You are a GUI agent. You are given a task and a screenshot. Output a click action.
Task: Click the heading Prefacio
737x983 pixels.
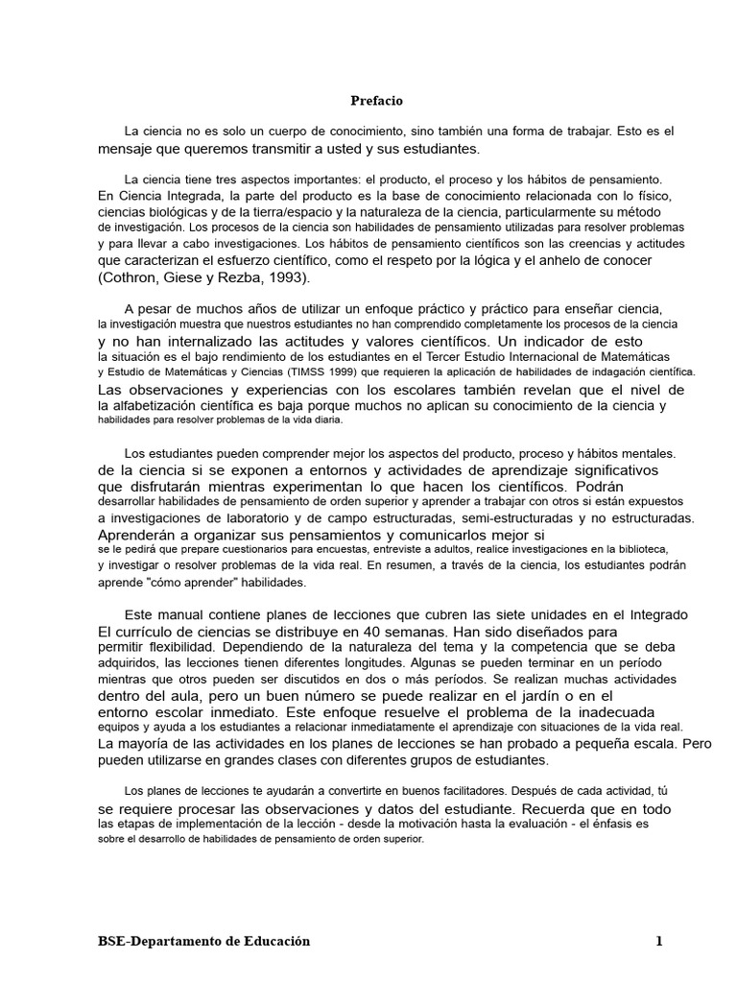tap(375, 101)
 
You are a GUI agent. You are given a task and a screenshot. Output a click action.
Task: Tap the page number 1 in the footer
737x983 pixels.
tap(659, 942)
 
